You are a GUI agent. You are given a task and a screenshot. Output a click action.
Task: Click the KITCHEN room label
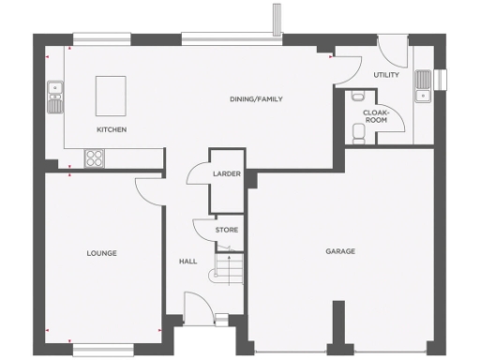click(111, 129)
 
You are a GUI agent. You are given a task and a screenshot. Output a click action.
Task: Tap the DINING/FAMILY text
click(256, 98)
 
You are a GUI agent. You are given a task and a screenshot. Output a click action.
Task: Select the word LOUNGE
click(101, 253)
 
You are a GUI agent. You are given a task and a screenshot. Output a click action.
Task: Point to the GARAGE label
click(340, 251)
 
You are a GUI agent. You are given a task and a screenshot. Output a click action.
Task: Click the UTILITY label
click(385, 74)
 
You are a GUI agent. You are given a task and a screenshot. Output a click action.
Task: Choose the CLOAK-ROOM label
click(375, 115)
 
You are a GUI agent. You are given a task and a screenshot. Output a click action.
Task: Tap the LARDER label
click(226, 174)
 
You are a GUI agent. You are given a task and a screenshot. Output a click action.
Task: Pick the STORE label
click(226, 230)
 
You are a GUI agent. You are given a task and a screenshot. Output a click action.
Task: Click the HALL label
click(187, 262)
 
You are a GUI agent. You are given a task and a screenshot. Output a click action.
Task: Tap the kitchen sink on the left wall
click(55, 97)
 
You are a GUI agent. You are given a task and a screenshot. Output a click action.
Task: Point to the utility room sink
click(424, 85)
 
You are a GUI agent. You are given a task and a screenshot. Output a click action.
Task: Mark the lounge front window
click(102, 352)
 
